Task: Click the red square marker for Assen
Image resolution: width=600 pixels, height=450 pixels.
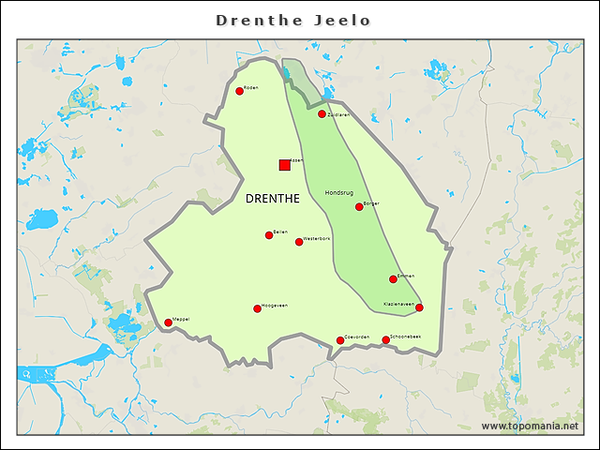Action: pos(284,165)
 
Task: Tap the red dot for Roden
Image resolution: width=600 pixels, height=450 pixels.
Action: pos(239,91)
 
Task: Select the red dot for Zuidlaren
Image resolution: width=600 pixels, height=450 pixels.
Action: pos(322,114)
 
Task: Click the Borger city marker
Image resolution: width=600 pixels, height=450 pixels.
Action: pos(359,206)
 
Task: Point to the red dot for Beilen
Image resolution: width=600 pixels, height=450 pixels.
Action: pos(269,235)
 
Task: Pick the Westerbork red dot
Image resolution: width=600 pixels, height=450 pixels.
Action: pos(299,242)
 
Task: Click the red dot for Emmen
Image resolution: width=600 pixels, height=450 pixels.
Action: pos(393,279)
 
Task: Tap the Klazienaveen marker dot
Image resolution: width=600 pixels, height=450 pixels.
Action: pos(419,307)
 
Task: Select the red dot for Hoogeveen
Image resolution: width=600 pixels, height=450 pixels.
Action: pos(257,308)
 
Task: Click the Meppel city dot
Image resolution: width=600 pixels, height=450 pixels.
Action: pos(168,322)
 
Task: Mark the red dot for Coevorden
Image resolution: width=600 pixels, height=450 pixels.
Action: pos(340,340)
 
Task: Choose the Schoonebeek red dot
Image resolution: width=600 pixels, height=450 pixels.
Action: pos(385,340)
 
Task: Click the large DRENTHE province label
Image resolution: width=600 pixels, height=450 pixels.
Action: pos(272,199)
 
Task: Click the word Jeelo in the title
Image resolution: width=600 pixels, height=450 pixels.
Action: pos(349,20)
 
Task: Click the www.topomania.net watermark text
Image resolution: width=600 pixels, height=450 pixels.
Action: pos(530,426)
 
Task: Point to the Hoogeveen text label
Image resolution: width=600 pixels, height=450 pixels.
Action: pos(275,305)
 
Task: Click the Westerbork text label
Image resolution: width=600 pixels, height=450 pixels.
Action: pos(317,238)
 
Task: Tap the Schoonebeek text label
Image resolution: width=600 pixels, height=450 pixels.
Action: pos(406,336)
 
